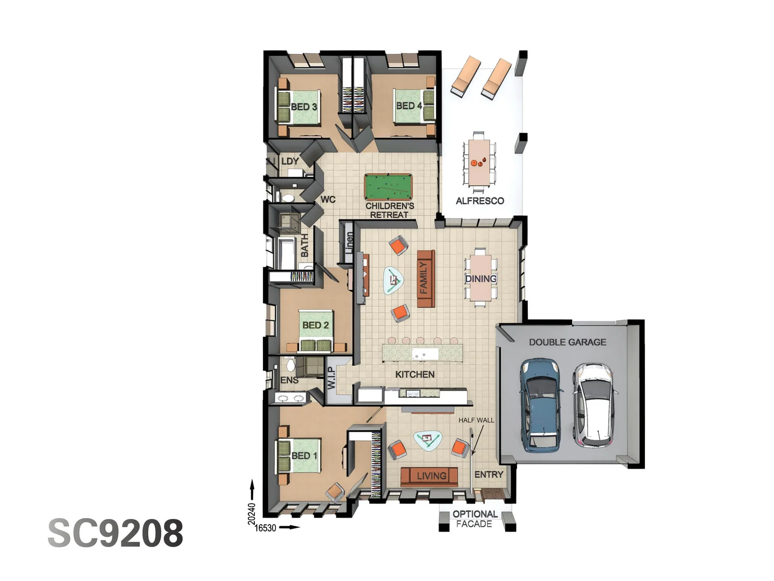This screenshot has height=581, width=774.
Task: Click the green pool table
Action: pyautogui.click(x=388, y=186)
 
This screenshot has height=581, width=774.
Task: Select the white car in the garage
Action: pyautogui.click(x=594, y=405)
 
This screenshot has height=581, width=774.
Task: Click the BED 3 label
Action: pyautogui.click(x=304, y=107)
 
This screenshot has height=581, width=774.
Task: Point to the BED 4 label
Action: pyautogui.click(x=408, y=105)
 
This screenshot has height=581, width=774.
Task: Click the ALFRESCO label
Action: pyautogui.click(x=479, y=201)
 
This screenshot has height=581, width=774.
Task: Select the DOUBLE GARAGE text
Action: pyautogui.click(x=568, y=342)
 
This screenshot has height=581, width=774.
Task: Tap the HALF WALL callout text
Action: pyautogui.click(x=476, y=420)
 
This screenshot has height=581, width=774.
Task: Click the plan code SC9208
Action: pyautogui.click(x=116, y=533)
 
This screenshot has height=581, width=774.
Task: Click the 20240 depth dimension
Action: pyautogui.click(x=252, y=514)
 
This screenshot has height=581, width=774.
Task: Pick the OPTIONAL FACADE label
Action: pyautogui.click(x=475, y=519)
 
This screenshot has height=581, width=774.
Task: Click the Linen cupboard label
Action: pyautogui.click(x=349, y=243)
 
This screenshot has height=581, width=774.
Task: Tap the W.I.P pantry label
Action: pyautogui.click(x=331, y=378)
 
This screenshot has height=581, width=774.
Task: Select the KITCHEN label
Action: pyautogui.click(x=414, y=374)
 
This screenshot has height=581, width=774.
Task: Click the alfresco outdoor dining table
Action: pyautogui.click(x=479, y=162)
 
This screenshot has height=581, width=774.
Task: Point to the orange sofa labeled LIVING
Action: pyautogui.click(x=429, y=477)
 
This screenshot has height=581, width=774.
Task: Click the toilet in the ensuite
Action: pyautogui.click(x=291, y=365)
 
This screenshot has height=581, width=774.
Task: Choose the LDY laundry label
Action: pyautogui.click(x=290, y=161)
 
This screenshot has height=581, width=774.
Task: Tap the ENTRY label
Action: pyautogui.click(x=489, y=475)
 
